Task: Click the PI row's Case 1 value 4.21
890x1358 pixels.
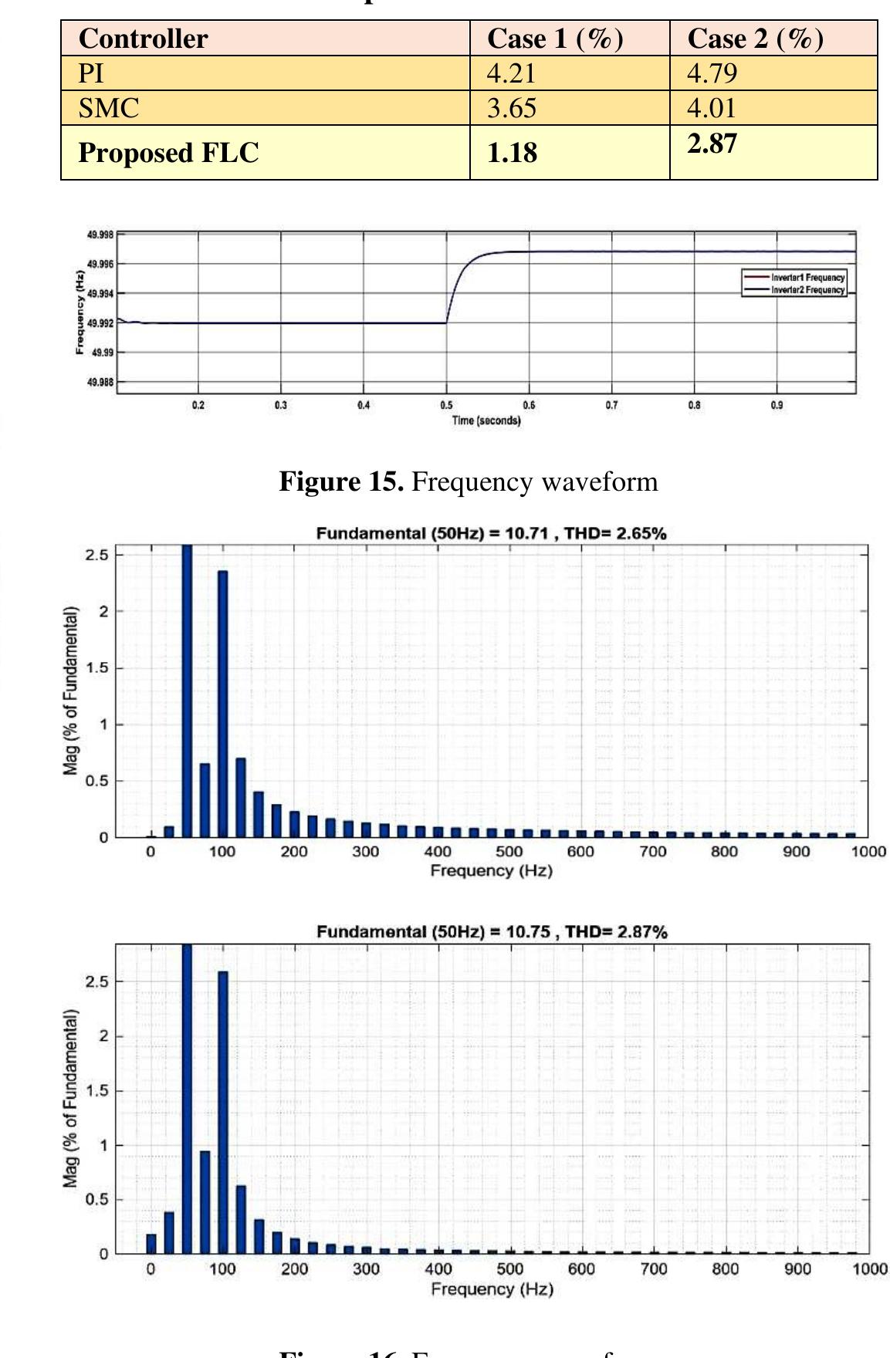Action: point(511,73)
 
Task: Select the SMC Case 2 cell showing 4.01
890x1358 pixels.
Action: point(712,108)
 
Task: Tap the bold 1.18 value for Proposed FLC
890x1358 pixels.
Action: point(512,153)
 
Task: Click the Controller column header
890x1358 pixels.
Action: point(143,39)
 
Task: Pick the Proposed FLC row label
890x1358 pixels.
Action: point(168,153)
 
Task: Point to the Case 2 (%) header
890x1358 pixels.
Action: point(755,39)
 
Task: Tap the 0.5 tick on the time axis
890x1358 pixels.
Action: point(446,405)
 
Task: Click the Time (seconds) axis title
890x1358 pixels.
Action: point(486,421)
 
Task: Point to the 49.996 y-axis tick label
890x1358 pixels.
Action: point(100,265)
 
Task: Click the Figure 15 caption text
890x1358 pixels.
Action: point(468,481)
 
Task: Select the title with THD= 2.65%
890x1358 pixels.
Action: point(491,533)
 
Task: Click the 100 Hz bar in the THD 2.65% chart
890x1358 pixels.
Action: point(222,703)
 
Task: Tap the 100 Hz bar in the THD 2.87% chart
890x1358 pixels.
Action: point(223,1112)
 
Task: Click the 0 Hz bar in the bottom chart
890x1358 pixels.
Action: point(151,1243)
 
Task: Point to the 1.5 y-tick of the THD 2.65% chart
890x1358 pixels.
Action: point(100,668)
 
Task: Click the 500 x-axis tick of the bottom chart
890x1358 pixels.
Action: point(509,1268)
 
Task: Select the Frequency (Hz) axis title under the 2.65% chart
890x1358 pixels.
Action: point(491,870)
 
